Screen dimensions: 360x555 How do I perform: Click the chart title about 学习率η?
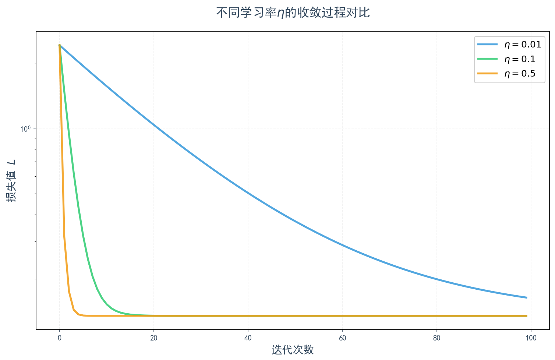[x=293, y=13]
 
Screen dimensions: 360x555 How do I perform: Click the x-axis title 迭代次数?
[x=293, y=349]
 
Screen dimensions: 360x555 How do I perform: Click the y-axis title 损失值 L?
[x=11, y=180]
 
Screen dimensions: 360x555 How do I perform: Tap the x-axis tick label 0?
[x=60, y=338]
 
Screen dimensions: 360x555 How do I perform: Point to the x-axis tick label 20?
[x=154, y=338]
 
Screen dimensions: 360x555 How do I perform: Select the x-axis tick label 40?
[x=248, y=338]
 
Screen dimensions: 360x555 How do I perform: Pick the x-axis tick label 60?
[x=342, y=338]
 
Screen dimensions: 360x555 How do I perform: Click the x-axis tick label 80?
[x=436, y=338]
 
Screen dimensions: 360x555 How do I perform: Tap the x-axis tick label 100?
[x=531, y=338]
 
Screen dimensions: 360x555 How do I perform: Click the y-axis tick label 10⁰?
[x=25, y=128]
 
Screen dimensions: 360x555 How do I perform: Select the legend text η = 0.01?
[x=523, y=45]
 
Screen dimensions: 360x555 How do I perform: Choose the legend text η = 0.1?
[x=520, y=59]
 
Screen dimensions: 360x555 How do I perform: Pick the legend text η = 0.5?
[x=520, y=74]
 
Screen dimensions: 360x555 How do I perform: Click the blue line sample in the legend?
[x=487, y=45]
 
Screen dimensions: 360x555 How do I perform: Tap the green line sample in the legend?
[x=487, y=59]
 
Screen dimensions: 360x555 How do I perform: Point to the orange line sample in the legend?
[x=487, y=74]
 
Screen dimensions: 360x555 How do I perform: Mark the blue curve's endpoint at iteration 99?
[x=526, y=297]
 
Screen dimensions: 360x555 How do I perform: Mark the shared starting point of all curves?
[x=60, y=45]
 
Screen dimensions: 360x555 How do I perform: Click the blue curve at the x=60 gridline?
[x=342, y=245]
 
